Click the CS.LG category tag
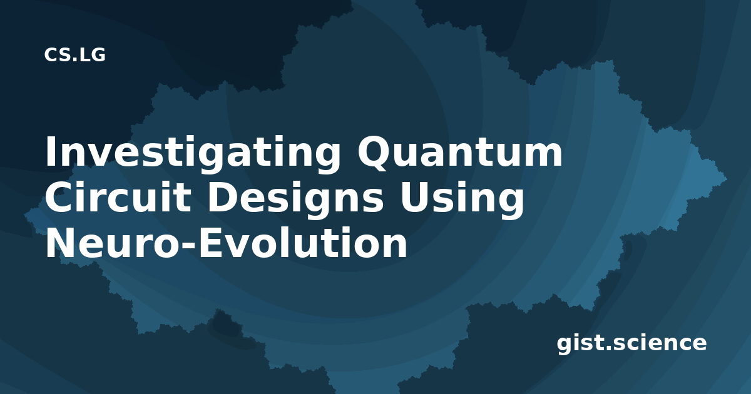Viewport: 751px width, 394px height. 74,55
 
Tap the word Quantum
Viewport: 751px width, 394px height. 460,152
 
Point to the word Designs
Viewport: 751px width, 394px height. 295,200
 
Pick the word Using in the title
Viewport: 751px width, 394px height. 461,200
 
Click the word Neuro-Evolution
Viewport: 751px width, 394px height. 227,243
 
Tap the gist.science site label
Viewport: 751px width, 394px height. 631,343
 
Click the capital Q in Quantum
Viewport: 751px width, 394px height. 375,153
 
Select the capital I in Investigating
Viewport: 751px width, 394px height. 50,152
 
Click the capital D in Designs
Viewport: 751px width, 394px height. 224,198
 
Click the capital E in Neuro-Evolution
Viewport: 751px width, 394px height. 212,243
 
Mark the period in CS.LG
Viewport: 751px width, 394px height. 74,59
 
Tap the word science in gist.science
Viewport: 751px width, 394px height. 659,343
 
